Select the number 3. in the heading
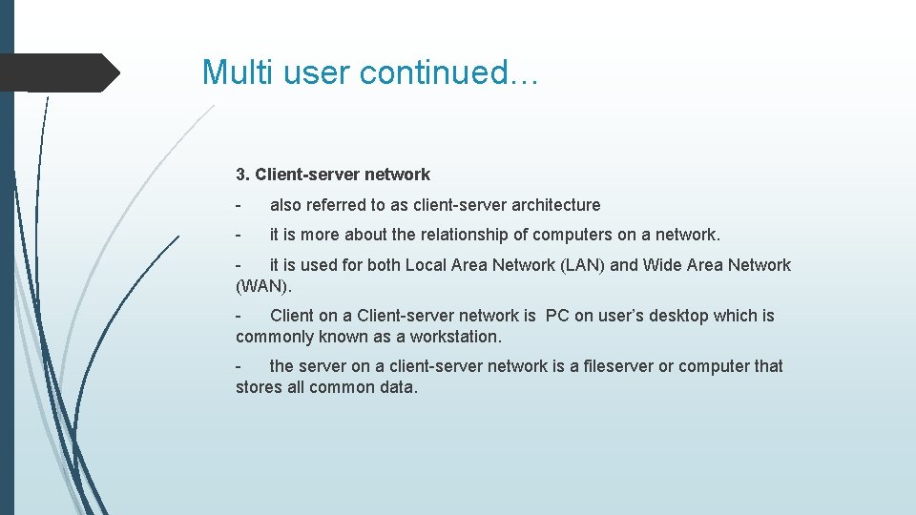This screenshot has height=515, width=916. click(x=243, y=175)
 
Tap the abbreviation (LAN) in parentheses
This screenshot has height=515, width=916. click(x=579, y=265)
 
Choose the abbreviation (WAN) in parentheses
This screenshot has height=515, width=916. click(x=262, y=286)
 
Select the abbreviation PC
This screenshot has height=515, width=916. click(x=557, y=316)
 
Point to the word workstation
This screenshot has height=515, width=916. click(x=455, y=337)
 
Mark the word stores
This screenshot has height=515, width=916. click(x=259, y=387)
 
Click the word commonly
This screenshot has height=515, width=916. click(x=274, y=337)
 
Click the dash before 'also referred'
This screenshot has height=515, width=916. click(x=239, y=205)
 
